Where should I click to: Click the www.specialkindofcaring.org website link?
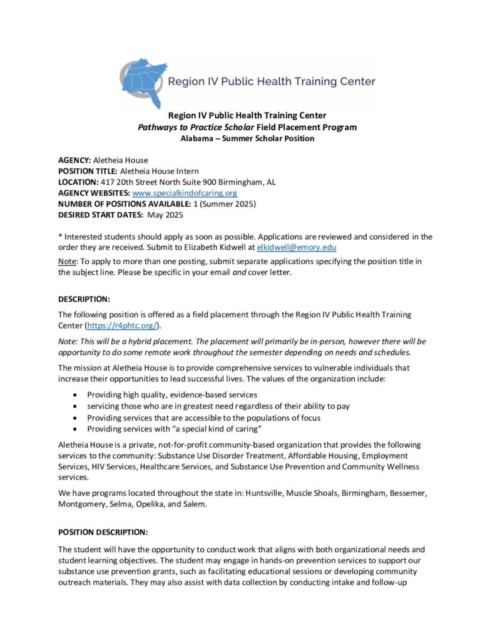tap(185, 193)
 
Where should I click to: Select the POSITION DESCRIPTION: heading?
tap(103, 532)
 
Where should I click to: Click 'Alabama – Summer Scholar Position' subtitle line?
tap(247, 138)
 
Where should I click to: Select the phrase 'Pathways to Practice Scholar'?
tap(190, 127)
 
